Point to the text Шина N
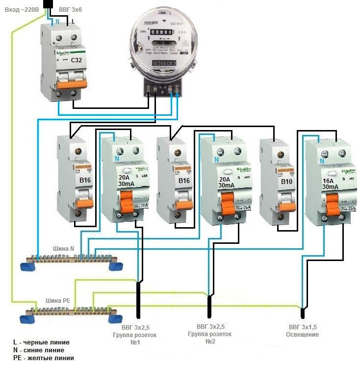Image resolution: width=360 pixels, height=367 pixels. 64,248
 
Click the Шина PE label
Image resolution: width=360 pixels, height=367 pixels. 57,301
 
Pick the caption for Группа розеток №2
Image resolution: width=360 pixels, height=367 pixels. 209,334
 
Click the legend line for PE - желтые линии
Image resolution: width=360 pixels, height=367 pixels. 44,358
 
